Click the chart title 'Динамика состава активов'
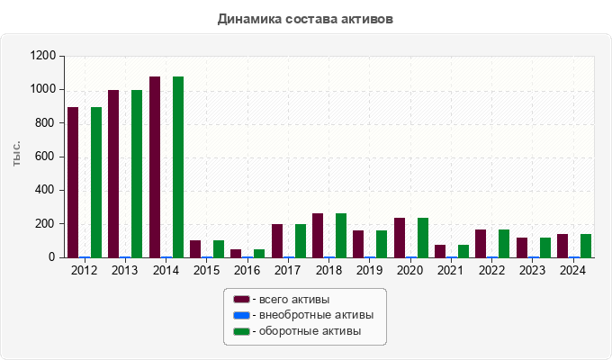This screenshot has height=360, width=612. click(305, 18)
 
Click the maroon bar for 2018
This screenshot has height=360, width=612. click(318, 236)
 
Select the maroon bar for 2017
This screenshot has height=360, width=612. click(277, 241)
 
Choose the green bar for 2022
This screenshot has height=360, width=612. click(504, 244)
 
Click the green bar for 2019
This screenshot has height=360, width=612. click(382, 244)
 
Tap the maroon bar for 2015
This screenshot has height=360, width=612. click(195, 249)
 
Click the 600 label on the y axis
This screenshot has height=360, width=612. click(47, 157)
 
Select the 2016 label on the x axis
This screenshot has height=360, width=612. click(247, 270)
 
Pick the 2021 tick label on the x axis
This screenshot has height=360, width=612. click(451, 270)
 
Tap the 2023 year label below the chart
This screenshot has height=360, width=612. click(533, 270)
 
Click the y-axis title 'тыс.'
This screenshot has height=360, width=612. click(17, 155)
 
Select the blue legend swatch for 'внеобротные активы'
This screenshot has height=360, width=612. click(241, 315)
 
